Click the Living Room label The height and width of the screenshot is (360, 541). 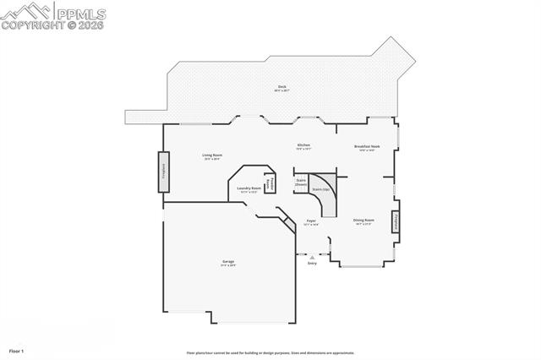click(x=211, y=155)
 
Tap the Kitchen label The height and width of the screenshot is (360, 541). click(x=303, y=145)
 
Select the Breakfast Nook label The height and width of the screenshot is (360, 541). click(x=367, y=146)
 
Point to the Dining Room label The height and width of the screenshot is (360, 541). click(x=363, y=220)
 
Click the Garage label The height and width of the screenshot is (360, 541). click(x=228, y=262)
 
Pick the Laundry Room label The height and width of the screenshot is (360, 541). click(x=249, y=188)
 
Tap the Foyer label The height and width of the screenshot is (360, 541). click(x=310, y=221)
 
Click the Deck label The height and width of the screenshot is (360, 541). click(x=281, y=87)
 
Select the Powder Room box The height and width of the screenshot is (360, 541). click(x=270, y=183)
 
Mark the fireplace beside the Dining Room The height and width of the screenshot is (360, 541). click(x=395, y=222)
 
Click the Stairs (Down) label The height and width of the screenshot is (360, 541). click(x=301, y=182)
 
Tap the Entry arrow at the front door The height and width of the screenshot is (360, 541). click(x=312, y=256)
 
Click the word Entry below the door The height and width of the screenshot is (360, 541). click(x=312, y=264)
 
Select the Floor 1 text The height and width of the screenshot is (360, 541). click(x=17, y=349)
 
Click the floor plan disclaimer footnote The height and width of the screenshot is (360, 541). click(x=270, y=353)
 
